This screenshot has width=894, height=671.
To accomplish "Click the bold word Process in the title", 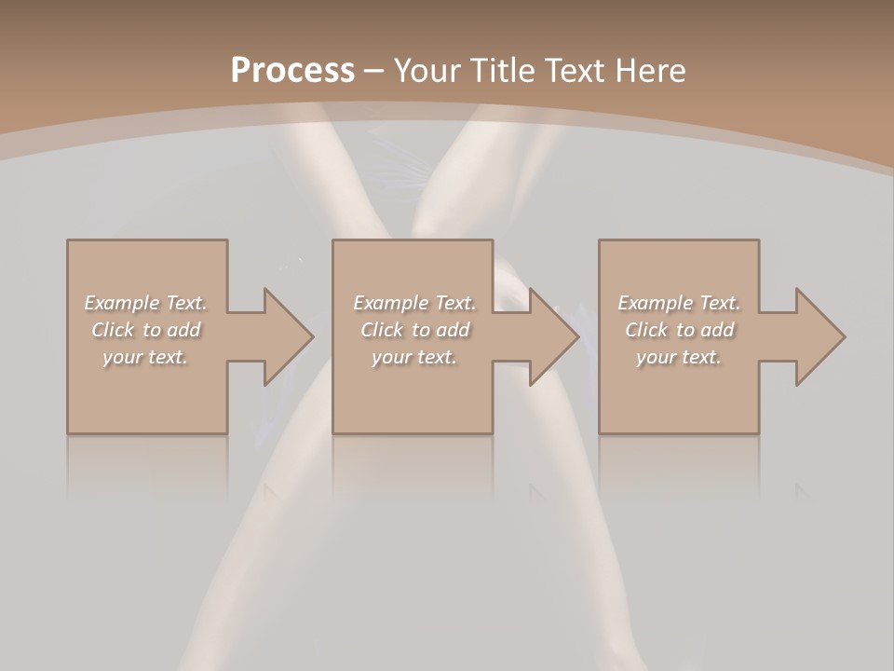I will tap(292, 71).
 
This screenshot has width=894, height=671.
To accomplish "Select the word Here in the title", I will tap(653, 71).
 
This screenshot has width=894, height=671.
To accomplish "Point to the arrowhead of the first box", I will tap(288, 336).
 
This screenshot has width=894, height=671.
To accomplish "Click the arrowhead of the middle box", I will tap(554, 336).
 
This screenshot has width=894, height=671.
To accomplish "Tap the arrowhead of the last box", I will tap(819, 336).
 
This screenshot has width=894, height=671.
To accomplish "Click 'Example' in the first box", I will tap(122, 303).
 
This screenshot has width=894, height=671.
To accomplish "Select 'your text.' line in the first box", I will tap(145, 357).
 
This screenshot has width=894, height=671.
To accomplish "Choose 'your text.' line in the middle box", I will tap(413, 357).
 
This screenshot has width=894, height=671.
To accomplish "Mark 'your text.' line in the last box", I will tap(679, 357).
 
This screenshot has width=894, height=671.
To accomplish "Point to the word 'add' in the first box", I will tap(184, 330).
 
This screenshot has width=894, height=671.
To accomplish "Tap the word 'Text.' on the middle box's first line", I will tap(454, 303).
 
